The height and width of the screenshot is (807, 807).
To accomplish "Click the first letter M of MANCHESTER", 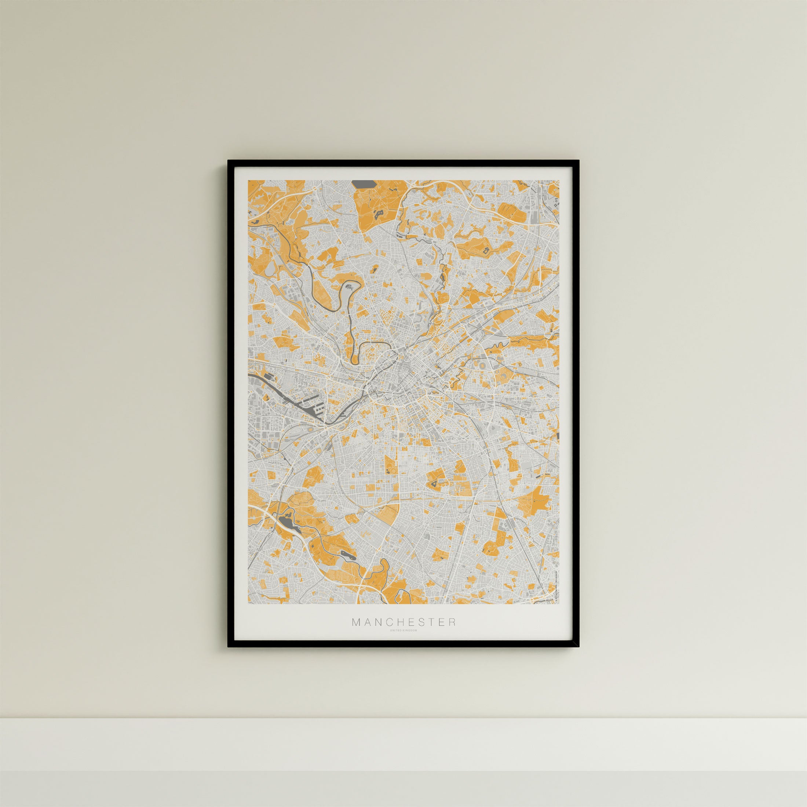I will point(355,634).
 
